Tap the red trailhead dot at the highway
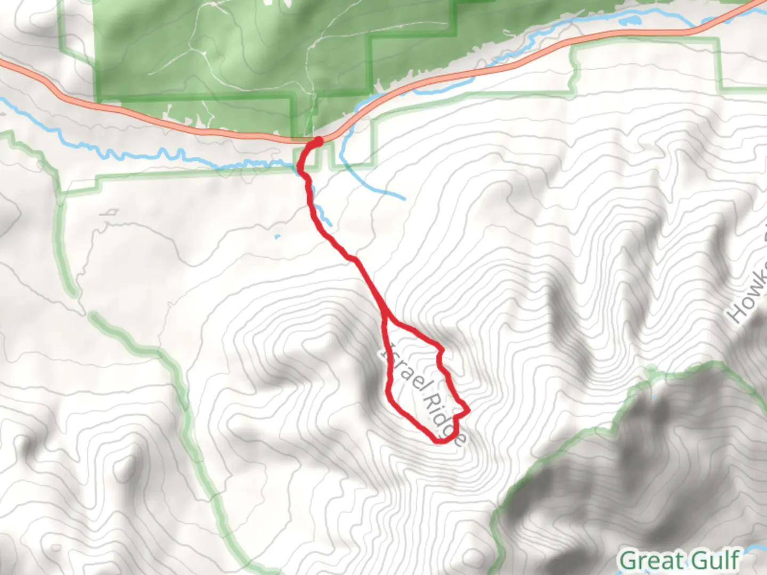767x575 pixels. [x=318, y=141]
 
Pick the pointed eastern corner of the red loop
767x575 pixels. [x=468, y=411]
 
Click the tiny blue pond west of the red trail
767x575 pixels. [x=277, y=236]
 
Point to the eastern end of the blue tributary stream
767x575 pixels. [x=404, y=199]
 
